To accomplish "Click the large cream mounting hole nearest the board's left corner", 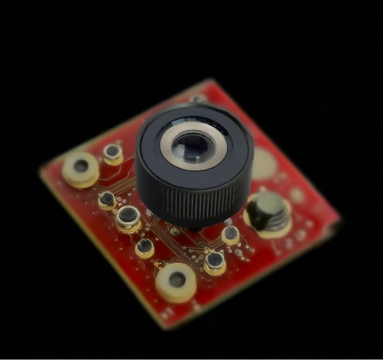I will (80, 168).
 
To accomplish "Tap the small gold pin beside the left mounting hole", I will (113, 153).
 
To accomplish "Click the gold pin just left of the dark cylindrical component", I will (230, 234).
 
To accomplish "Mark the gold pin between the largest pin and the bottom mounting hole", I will (144, 247).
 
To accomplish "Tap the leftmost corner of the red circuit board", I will (41, 170).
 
